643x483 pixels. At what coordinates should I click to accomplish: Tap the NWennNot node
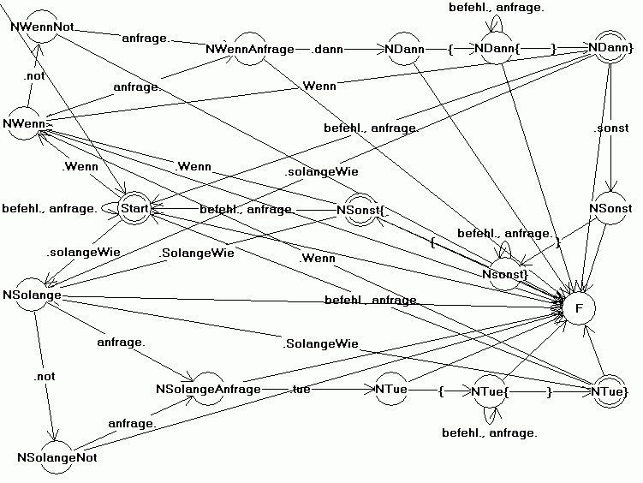41,27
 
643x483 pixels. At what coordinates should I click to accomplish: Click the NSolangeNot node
57,457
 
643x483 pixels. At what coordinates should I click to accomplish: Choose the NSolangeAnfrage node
208,389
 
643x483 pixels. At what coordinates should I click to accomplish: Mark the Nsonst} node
503,273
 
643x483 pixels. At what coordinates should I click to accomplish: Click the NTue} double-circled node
610,390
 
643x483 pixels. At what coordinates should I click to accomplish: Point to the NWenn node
27,124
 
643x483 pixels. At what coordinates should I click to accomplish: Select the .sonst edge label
610,129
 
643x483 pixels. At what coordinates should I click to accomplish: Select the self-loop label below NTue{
489,433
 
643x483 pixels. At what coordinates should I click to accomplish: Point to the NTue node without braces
390,390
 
